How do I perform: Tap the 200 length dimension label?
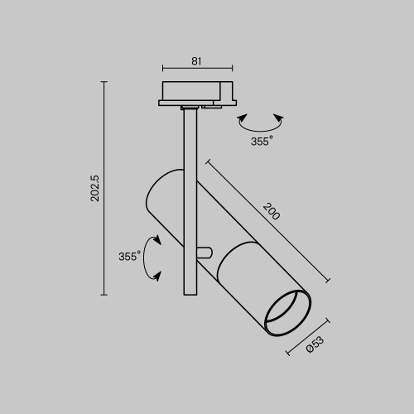(x=272, y=210)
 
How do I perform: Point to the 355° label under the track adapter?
(x=261, y=142)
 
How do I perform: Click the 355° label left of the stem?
(x=128, y=257)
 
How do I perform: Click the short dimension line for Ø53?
(x=309, y=336)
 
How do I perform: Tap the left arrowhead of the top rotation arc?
(x=241, y=120)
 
